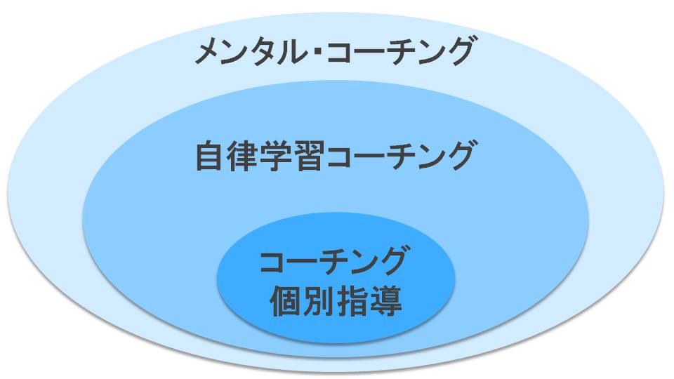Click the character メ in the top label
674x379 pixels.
pyautogui.click(x=210, y=53)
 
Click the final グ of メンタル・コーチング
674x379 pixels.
pyautogui.click(x=456, y=53)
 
